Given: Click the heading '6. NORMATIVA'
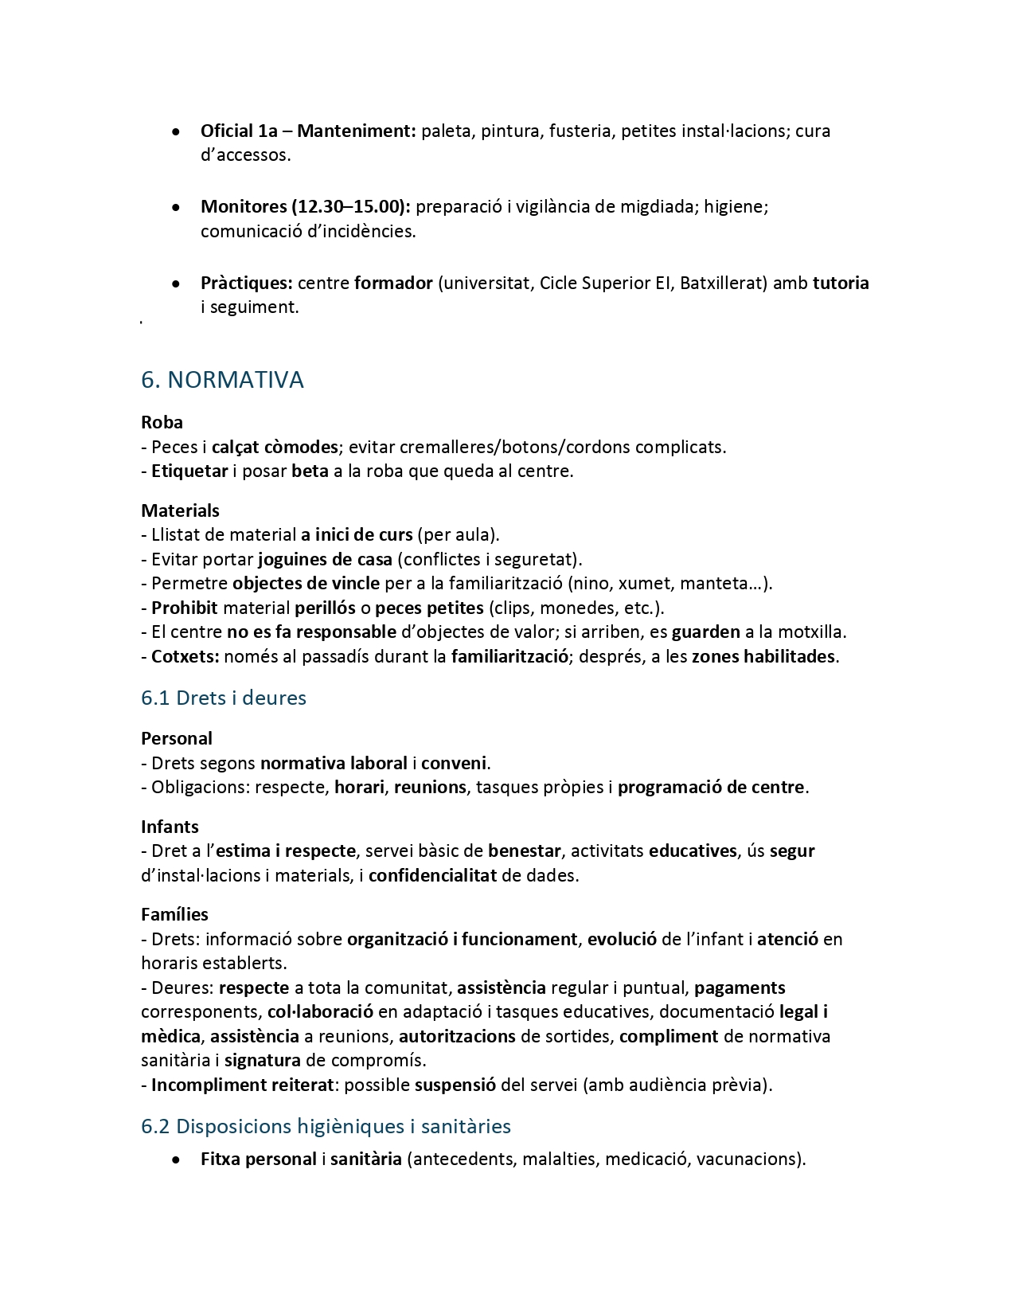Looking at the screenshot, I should [x=222, y=380].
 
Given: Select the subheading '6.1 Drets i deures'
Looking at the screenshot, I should [x=224, y=698].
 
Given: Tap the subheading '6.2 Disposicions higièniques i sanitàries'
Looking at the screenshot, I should [x=326, y=1126].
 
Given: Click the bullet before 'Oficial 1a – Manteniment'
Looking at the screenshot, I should [x=175, y=131].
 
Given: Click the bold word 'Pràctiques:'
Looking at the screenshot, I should [x=247, y=284].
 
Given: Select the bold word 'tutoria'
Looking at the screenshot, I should [x=841, y=284].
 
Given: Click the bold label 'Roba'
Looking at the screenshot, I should [x=162, y=422].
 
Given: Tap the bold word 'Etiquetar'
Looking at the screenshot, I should [x=189, y=471].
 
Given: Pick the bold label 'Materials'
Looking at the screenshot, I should [x=180, y=510].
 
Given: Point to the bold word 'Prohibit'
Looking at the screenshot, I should [x=185, y=608].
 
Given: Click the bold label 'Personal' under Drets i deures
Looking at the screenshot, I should [x=177, y=738].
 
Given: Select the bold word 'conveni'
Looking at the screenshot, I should [x=453, y=763].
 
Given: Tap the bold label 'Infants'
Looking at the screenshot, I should [x=170, y=827].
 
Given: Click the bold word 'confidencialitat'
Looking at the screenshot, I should [x=432, y=875].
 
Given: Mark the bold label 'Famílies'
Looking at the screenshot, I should [x=174, y=914].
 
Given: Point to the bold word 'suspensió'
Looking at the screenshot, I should [x=455, y=1085].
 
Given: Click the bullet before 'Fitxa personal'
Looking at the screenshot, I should [x=175, y=1160].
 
